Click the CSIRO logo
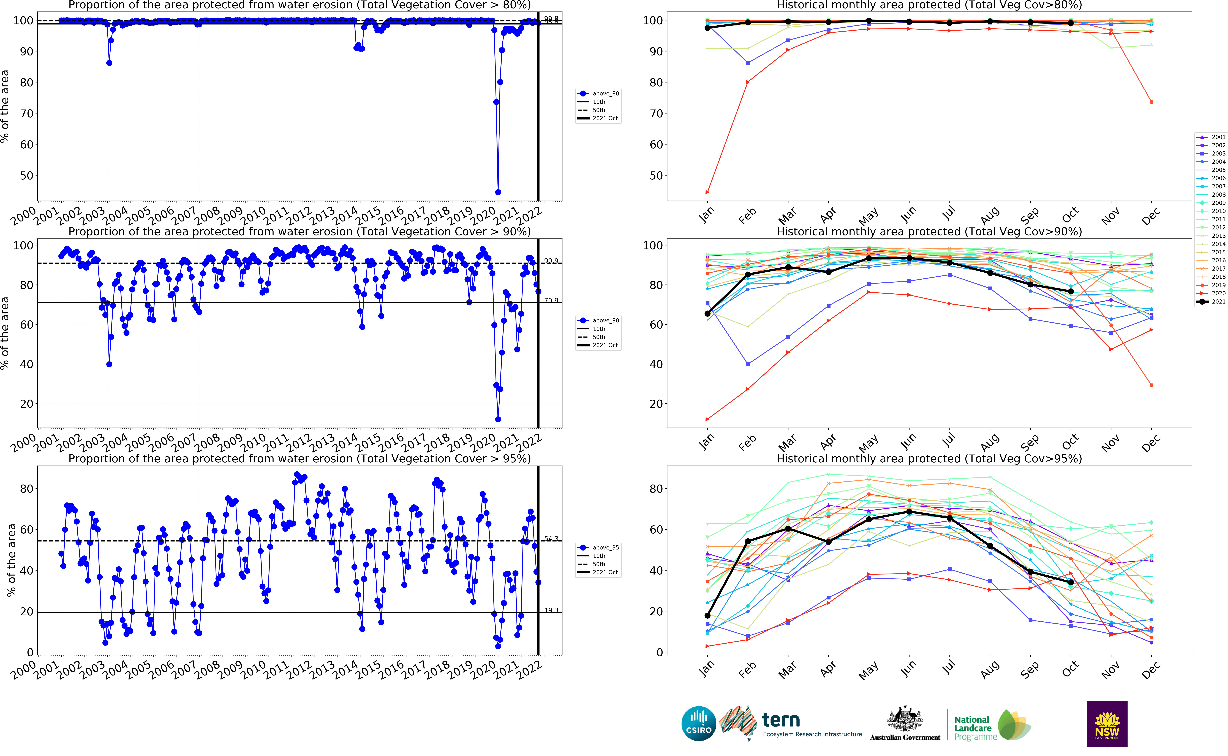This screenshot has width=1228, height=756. pyautogui.click(x=699, y=724)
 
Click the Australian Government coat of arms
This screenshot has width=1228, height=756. pyautogui.click(x=905, y=719)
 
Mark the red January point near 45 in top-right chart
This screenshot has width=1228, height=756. pyautogui.click(x=707, y=192)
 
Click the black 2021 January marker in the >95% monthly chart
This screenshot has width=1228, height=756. pyautogui.click(x=707, y=616)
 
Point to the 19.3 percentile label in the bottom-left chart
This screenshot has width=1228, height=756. pyautogui.click(x=551, y=610)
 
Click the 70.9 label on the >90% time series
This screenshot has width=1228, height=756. pyautogui.click(x=551, y=300)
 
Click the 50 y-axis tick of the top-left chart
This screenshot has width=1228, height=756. pyautogui.click(x=26, y=176)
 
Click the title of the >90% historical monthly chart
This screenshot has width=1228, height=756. pyautogui.click(x=929, y=232)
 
